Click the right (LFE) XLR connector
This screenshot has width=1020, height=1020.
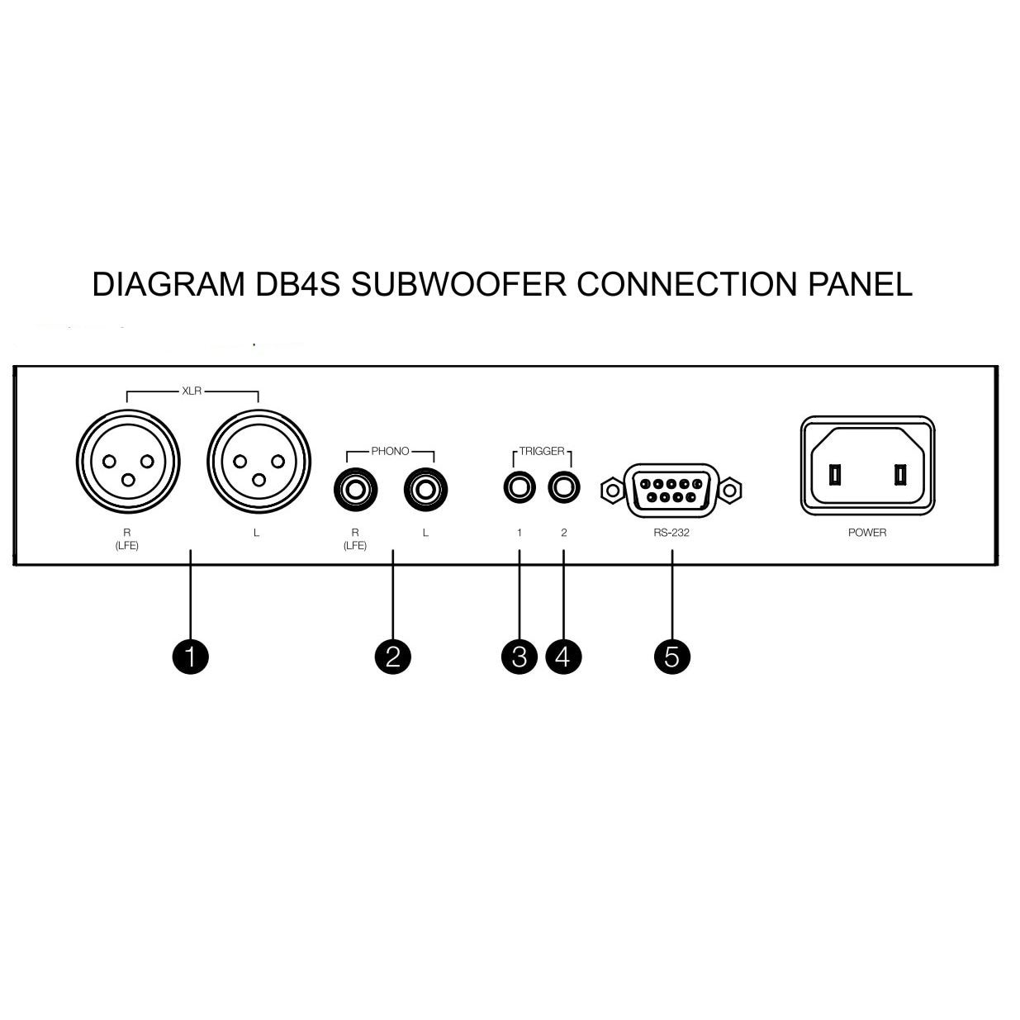click(128, 461)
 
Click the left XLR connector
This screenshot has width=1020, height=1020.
click(259, 461)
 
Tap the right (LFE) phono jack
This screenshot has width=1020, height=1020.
click(356, 490)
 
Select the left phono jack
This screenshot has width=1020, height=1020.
click(425, 490)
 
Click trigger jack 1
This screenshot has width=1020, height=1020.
click(519, 487)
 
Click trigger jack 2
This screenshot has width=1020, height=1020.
click(564, 487)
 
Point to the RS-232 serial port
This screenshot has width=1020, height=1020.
click(671, 490)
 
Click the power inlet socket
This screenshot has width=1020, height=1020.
click(867, 466)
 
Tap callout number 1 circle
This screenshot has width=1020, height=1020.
click(191, 657)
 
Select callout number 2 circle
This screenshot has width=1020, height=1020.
click(393, 657)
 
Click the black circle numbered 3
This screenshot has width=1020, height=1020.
click(519, 657)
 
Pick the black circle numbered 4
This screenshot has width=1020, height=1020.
click(564, 657)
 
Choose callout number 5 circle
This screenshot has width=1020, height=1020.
click(672, 657)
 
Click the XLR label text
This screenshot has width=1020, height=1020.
click(192, 391)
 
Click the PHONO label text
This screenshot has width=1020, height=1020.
click(390, 451)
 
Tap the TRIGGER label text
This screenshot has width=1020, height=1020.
click(542, 451)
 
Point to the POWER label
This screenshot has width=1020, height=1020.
click(867, 533)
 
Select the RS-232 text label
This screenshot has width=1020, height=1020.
click(671, 533)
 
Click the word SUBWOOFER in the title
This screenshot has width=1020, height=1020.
click(459, 284)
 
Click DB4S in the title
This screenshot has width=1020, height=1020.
click(298, 284)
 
